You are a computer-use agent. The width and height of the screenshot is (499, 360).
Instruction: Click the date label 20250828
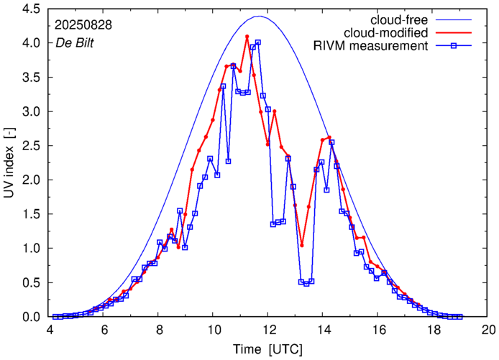pos(83,24)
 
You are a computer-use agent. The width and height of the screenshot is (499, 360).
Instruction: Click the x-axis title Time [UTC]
pos(268,349)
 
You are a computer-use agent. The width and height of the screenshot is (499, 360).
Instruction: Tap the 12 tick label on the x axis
pos(268,330)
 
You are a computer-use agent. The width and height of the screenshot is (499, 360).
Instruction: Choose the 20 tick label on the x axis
pos(488,330)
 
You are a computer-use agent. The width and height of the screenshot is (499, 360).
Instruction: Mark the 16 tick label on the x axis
pos(378,330)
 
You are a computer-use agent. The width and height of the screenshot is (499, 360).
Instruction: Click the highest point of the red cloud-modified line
pos(247,37)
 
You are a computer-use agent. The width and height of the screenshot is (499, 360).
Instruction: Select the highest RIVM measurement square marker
pos(257,42)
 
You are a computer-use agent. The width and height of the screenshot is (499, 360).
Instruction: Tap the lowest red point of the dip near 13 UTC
pos(302,245)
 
